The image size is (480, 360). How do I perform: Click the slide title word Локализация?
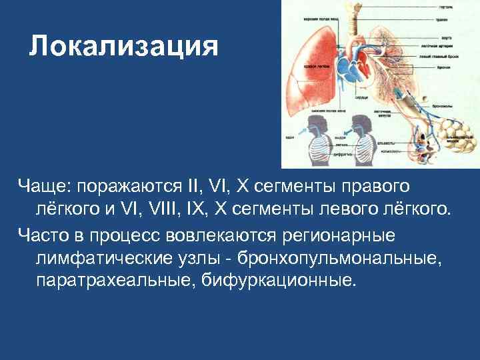(124, 46)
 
